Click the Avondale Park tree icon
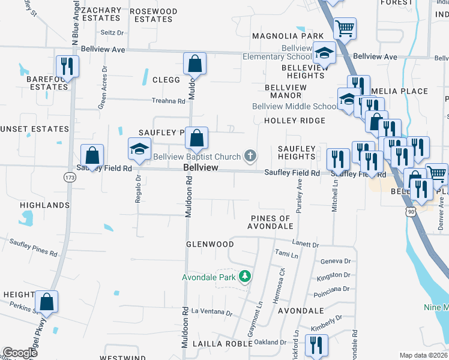[244, 277]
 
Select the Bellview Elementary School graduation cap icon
[325, 54]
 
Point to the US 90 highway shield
[411, 212]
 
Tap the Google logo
[20, 353]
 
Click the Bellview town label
[200, 168]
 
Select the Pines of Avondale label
[271, 222]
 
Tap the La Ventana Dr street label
[211, 313]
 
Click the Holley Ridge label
[295, 121]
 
